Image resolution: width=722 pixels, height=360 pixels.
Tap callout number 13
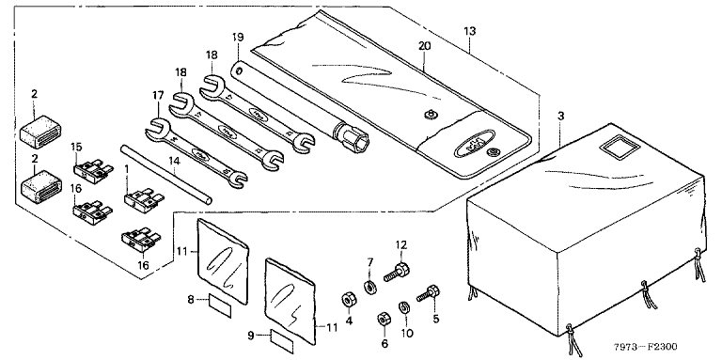(x=470, y=32)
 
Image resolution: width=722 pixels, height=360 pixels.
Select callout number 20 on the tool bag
(x=425, y=45)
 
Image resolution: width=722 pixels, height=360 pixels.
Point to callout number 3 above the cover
(x=560, y=116)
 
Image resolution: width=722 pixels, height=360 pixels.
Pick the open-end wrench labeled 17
(x=195, y=152)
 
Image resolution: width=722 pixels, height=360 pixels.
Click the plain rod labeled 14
(x=166, y=174)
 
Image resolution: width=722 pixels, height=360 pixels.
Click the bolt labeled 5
(x=429, y=294)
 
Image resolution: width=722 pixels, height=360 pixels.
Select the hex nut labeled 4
(x=348, y=300)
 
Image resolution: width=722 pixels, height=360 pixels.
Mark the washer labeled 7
(x=369, y=288)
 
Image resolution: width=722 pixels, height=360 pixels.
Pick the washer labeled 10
(x=404, y=307)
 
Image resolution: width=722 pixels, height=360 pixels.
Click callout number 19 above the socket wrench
(x=238, y=37)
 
